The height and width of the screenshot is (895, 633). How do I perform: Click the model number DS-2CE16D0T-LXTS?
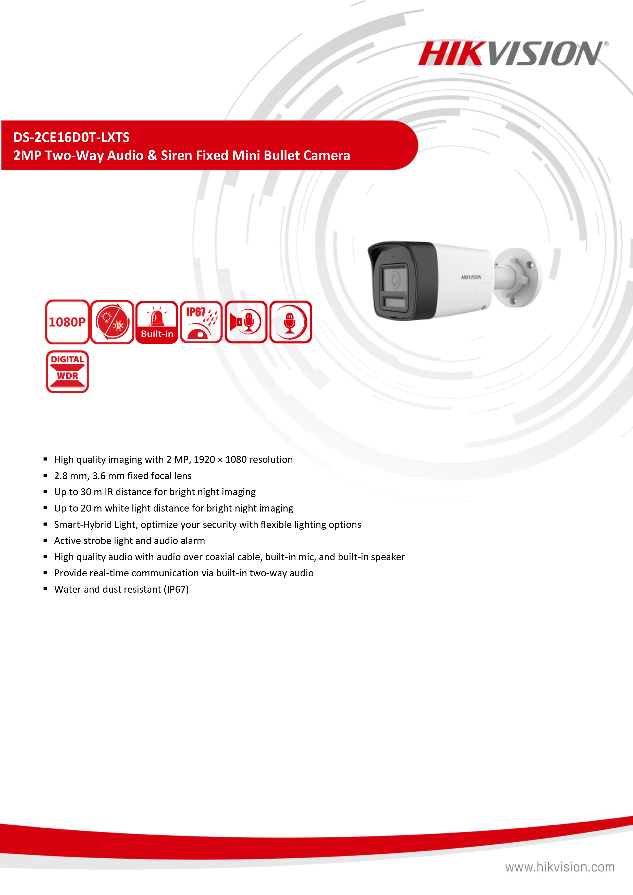point(71,137)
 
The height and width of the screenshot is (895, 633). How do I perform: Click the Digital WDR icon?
point(67,371)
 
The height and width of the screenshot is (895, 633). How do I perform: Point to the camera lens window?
point(394,279)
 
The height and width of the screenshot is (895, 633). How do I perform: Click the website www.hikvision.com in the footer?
point(560,867)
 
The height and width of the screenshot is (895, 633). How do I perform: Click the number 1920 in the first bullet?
point(204,459)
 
